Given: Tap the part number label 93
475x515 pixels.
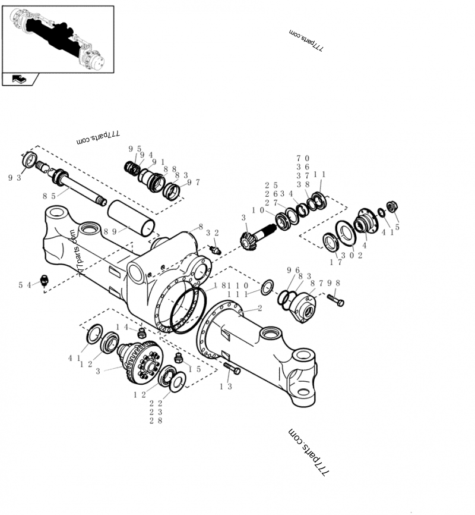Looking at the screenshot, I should coord(15,178).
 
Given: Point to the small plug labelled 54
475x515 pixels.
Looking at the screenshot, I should coord(44,280).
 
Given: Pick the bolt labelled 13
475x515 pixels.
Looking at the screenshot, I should coord(232,369).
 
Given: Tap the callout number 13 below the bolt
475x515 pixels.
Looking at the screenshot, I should coord(225,387).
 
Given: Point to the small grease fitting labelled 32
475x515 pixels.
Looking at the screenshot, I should coord(216,250).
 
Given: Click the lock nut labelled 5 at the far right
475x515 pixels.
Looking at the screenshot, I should coord(391,207).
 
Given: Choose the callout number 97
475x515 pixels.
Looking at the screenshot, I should coord(193,182).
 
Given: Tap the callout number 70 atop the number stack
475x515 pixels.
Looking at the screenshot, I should coord(303,159).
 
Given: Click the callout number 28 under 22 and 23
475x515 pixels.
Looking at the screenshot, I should coord(156,420).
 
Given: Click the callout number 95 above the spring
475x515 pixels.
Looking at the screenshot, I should coord(134,149).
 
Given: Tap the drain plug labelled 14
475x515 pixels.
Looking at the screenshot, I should coord(142,333).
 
